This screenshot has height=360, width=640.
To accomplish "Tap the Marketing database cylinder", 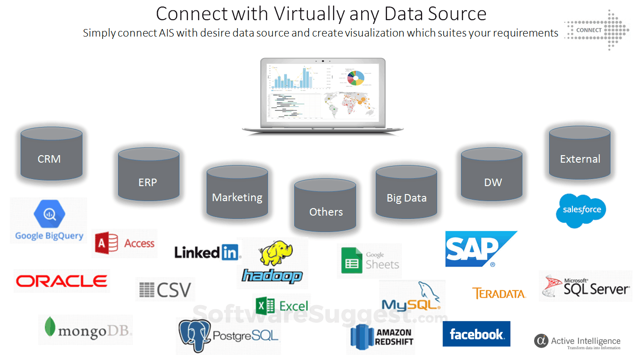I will (237, 193).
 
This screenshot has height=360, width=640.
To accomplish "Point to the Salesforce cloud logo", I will (581, 210).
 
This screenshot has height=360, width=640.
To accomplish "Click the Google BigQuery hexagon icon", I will (49, 215).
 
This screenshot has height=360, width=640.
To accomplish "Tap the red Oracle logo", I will (61, 281).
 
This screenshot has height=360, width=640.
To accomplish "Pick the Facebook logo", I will (476, 334).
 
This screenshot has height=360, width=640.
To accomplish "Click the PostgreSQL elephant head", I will (194, 335).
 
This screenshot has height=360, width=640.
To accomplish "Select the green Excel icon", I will (265, 306).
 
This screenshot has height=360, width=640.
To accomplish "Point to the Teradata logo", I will (499, 294).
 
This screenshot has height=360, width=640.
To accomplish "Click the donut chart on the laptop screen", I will (355, 77).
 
